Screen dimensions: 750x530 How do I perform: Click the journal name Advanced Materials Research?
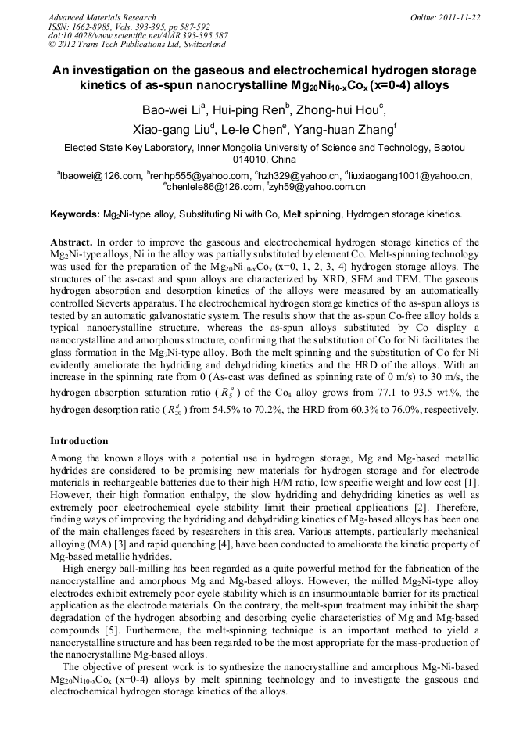pyautogui.click(x=102, y=17)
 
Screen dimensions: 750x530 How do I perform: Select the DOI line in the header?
pyautogui.click(x=138, y=36)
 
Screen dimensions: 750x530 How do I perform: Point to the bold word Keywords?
pyautogui.click(x=75, y=214)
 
